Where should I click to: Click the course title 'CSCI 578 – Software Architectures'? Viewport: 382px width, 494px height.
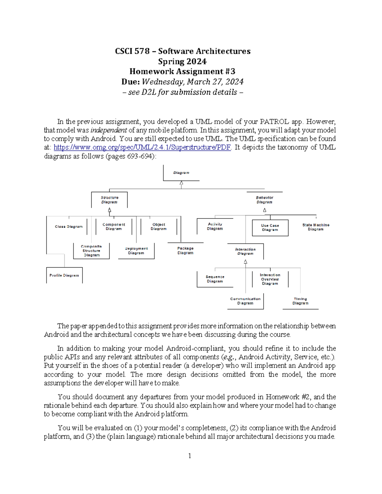pyautogui.click(x=183, y=51)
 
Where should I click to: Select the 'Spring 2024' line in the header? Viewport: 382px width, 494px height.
pyautogui.click(x=183, y=61)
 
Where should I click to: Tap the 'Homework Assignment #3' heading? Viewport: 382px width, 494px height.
pyautogui.click(x=183, y=72)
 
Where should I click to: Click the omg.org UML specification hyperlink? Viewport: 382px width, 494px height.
pyautogui.click(x=142, y=147)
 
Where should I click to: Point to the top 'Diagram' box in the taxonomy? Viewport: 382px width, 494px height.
pyautogui.click(x=181, y=173)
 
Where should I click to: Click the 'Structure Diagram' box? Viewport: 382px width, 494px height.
pyautogui.click(x=109, y=200)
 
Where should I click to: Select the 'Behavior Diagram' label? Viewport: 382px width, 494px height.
pyautogui.click(x=264, y=200)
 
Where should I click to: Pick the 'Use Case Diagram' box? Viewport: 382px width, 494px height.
pyautogui.click(x=270, y=228)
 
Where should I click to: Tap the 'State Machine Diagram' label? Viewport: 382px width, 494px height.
pyautogui.click(x=315, y=227)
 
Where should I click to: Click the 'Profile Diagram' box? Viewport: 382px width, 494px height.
pyautogui.click(x=64, y=275)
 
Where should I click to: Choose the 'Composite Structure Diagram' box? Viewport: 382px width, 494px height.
pyautogui.click(x=91, y=251)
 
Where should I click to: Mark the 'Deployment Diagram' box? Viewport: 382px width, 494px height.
pyautogui.click(x=136, y=251)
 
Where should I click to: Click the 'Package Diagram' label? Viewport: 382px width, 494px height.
pyautogui.click(x=185, y=251)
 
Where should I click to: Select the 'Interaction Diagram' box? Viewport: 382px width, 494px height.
pyautogui.click(x=245, y=251)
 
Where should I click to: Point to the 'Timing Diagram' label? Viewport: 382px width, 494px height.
pyautogui.click(x=300, y=301)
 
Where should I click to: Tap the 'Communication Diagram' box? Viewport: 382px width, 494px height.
pyautogui.click(x=245, y=301)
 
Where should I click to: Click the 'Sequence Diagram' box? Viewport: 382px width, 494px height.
pyautogui.click(x=215, y=279)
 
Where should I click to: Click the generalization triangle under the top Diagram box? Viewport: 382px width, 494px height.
pyautogui.click(x=181, y=183)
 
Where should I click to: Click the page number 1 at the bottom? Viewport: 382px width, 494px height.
pyautogui.click(x=190, y=456)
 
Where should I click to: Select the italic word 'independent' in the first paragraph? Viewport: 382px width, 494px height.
pyautogui.click(x=109, y=130)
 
